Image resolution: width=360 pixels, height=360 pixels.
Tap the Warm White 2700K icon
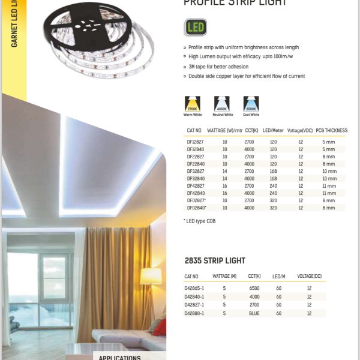193,103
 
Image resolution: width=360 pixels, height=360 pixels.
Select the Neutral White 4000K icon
221,103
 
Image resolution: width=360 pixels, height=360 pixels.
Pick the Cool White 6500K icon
251,103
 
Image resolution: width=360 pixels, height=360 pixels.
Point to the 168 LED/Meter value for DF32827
273,171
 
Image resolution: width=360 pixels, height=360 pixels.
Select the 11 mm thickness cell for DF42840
329,193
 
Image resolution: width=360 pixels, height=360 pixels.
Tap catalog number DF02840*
197,208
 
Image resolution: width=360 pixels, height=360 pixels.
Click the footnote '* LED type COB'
199,221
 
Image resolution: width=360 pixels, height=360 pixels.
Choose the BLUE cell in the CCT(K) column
254,313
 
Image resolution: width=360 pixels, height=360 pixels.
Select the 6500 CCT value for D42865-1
254,288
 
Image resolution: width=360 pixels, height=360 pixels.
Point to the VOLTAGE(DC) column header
309,276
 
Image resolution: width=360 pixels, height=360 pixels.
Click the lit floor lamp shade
151,277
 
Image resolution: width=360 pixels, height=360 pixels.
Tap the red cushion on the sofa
160,327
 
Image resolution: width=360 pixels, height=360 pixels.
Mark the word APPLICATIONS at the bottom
120,358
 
